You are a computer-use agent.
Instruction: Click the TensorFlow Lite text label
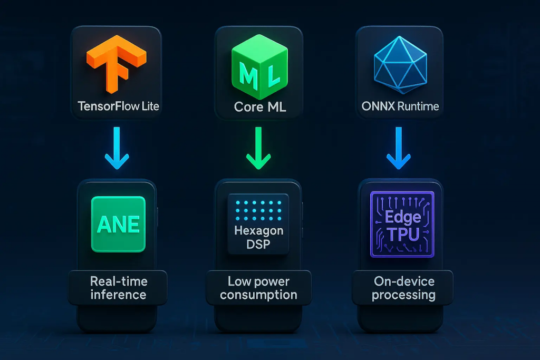(x=118, y=106)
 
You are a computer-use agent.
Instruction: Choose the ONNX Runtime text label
(x=400, y=106)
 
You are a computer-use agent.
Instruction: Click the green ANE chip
(x=118, y=225)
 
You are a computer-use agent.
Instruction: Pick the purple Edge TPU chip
(x=402, y=224)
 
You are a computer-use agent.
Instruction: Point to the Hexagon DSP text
(x=258, y=237)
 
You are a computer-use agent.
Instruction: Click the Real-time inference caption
(x=119, y=287)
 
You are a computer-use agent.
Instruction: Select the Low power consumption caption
(x=258, y=288)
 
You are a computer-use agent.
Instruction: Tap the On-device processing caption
(x=403, y=288)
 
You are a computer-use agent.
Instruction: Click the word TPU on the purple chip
(x=402, y=234)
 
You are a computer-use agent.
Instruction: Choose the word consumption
(x=258, y=295)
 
